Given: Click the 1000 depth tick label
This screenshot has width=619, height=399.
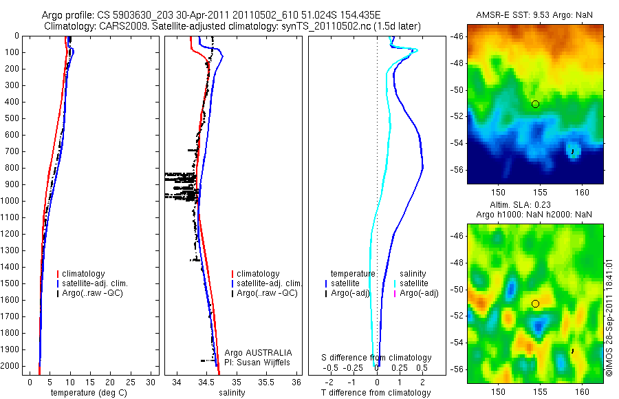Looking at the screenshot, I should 11,201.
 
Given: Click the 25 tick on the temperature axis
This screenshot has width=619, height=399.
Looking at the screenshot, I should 127,381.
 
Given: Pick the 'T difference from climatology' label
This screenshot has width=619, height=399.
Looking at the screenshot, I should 376,393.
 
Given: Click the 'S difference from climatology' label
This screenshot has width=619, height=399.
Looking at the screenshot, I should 377,358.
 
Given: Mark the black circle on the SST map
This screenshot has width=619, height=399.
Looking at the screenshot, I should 535,104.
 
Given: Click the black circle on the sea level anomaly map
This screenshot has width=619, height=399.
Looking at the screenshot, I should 535,303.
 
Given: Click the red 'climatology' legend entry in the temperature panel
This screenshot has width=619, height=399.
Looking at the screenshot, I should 84,274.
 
